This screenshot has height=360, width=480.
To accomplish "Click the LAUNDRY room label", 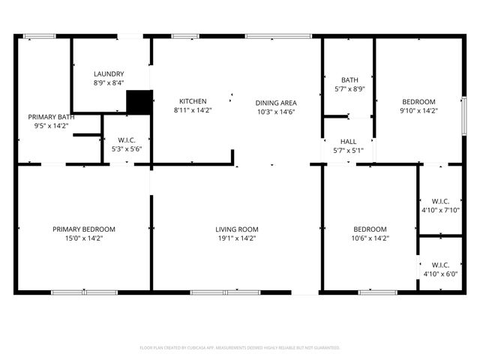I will coord(109,73).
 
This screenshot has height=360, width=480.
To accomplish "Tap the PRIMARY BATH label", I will coord(51,117).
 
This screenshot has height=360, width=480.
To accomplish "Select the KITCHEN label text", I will coord(193,101).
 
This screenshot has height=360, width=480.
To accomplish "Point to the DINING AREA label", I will coord(276,103).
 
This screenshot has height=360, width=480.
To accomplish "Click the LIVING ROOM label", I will coord(237,229).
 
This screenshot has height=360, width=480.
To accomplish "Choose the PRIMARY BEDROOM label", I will coord(84,229).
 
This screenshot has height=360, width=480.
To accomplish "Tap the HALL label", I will coord(349,141).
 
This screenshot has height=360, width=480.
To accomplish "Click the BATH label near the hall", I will coord(349,80).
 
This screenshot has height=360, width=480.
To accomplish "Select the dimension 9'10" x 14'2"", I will coord(418,111).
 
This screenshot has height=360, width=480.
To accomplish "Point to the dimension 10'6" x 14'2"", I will coord(370,238).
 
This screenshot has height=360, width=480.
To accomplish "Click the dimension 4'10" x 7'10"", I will coord(441,210).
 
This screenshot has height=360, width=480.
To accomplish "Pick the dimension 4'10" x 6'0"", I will coord(441,274).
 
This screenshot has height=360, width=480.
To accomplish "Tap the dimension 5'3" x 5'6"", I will coord(126,149).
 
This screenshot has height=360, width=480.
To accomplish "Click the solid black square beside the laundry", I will coord(139,102).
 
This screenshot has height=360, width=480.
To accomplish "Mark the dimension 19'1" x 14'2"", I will coord(237,238).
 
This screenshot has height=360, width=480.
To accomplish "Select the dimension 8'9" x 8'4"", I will coord(109,82).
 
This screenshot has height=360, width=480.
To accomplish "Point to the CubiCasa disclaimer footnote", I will coord(240,348).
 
